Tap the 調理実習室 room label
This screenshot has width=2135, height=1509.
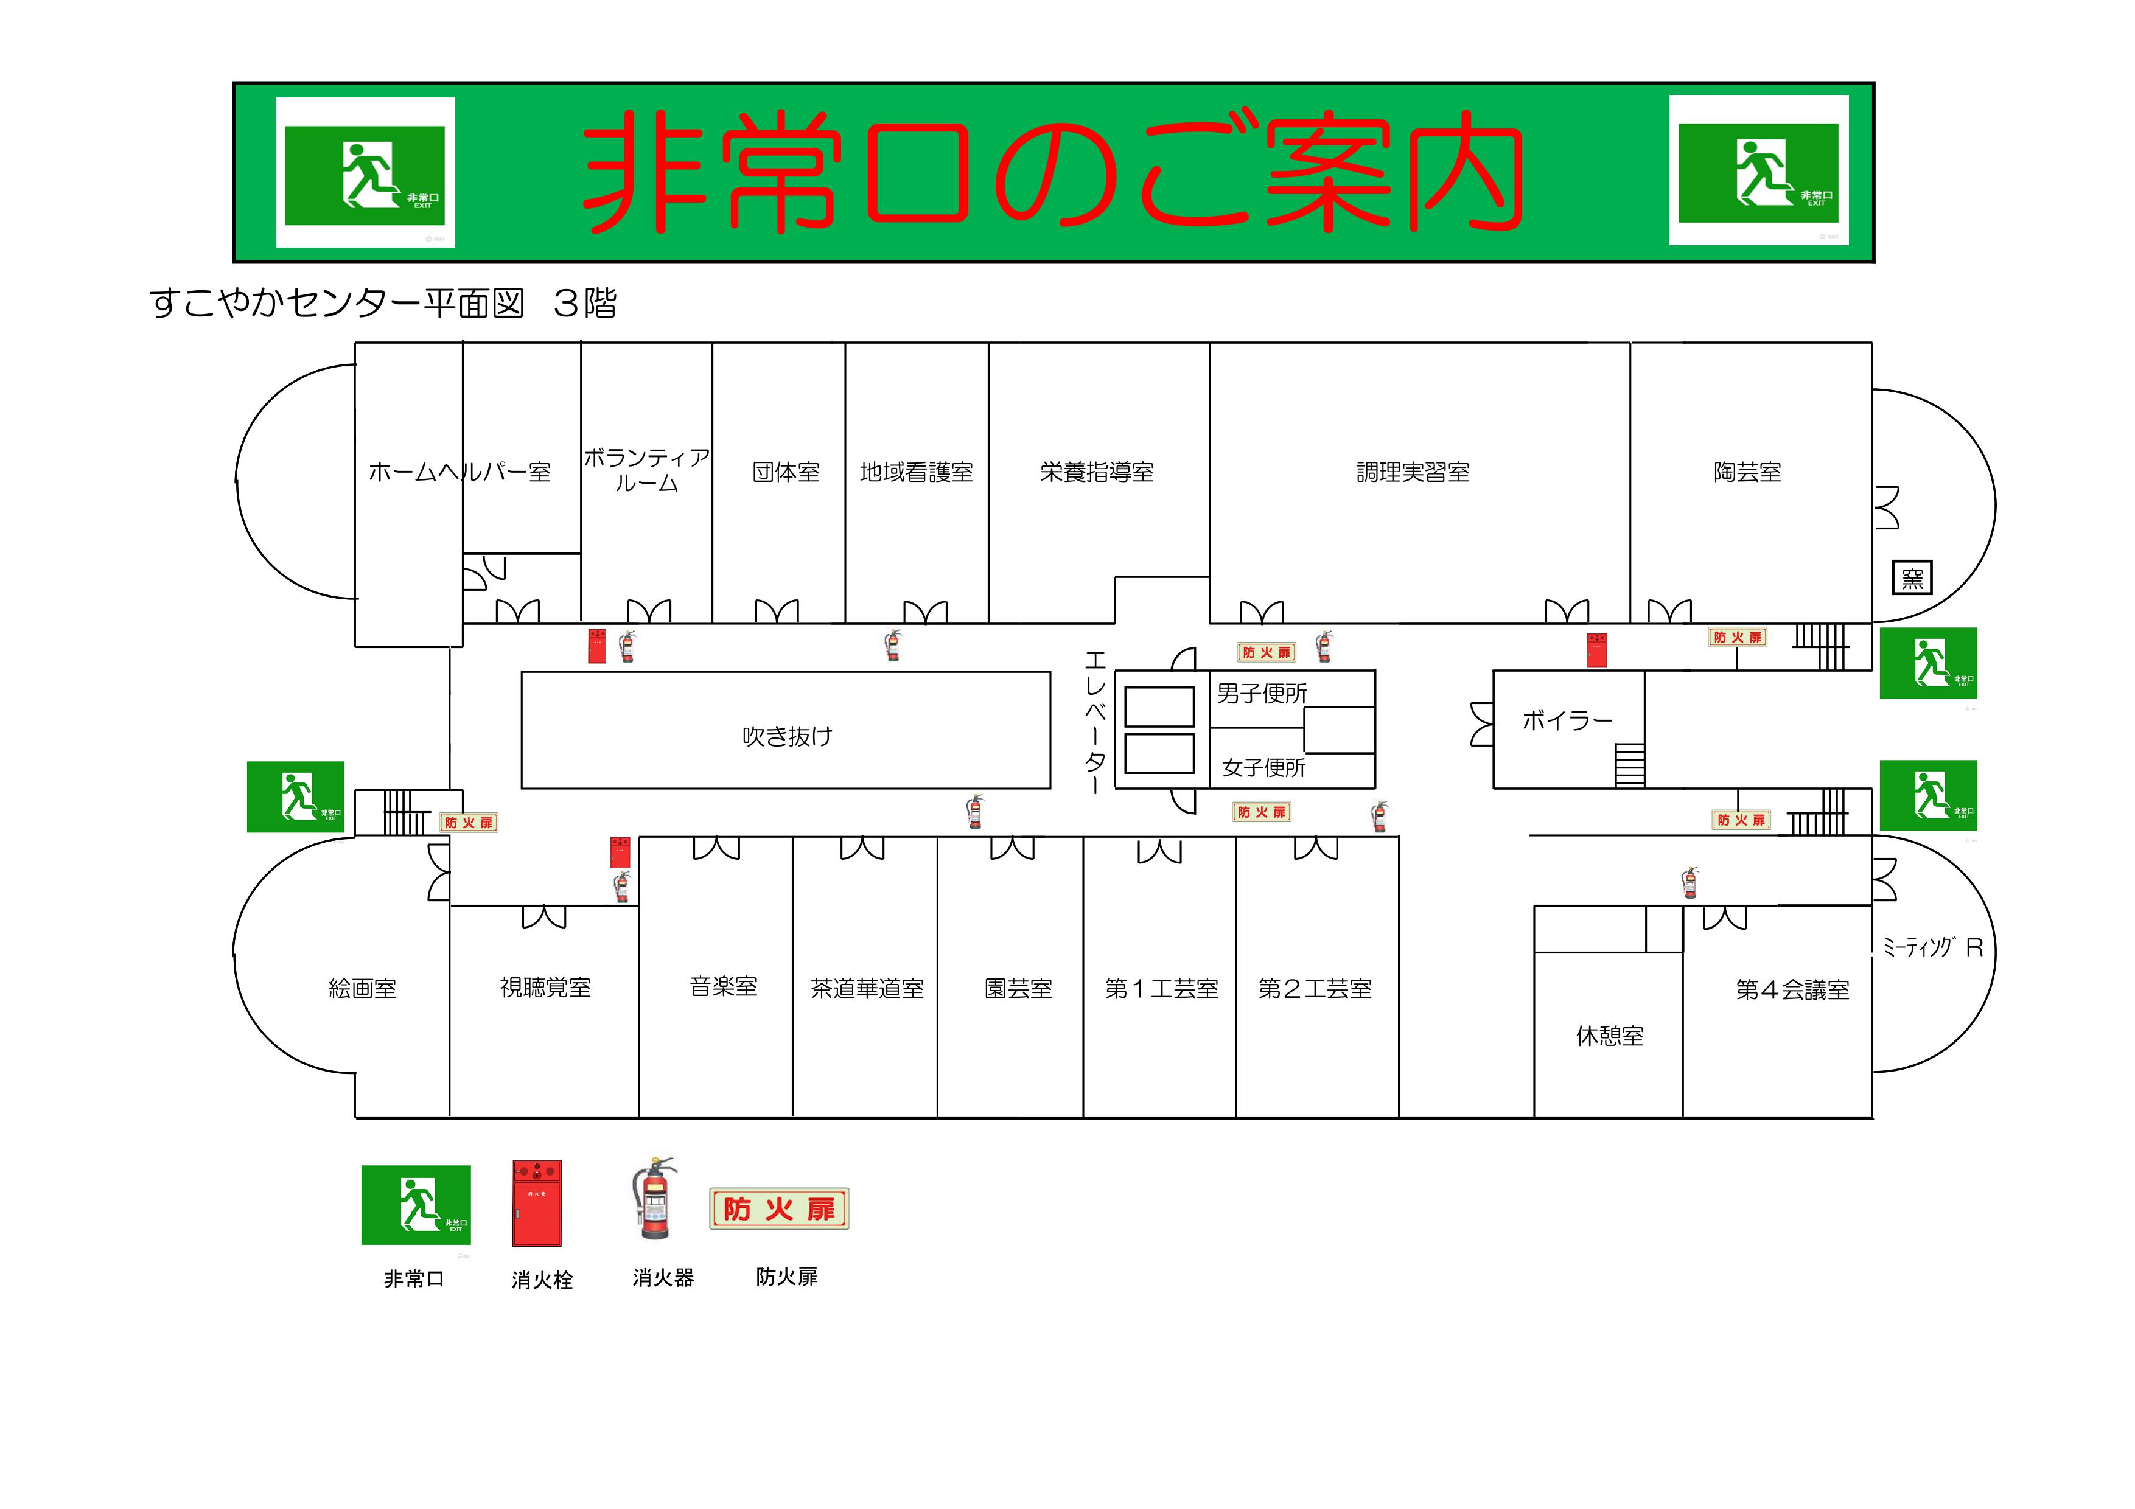click(1413, 472)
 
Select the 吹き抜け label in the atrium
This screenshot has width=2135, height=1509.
click(787, 736)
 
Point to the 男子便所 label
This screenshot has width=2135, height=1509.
click(1262, 694)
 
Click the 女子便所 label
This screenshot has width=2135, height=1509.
click(1263, 768)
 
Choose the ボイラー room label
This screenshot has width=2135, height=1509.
click(1567, 720)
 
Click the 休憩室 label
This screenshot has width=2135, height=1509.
click(1610, 1036)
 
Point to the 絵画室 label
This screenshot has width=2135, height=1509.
click(363, 988)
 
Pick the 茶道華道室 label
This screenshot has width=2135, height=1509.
click(867, 988)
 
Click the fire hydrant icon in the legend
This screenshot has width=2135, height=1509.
click(537, 1202)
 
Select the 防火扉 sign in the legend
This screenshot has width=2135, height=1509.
click(779, 1208)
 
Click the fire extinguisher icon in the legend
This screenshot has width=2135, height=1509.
click(654, 1199)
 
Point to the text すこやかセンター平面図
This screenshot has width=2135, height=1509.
click(337, 303)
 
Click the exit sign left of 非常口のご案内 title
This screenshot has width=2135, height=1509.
click(365, 173)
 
